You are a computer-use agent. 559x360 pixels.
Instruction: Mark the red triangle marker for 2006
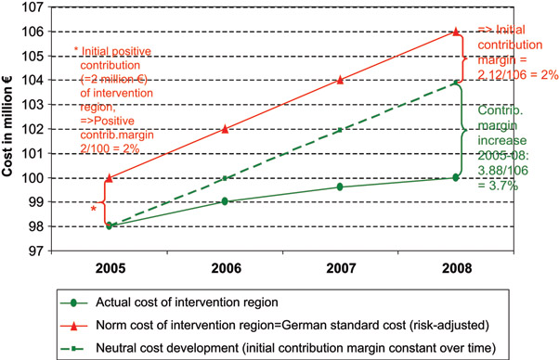226,129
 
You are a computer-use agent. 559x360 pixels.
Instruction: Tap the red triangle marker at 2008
455,32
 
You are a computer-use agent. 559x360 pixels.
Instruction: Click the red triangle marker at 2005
110,177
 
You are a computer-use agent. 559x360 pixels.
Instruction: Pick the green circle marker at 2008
455,177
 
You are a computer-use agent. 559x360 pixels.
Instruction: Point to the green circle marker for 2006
226,201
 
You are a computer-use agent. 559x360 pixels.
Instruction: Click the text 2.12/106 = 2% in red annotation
517,75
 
